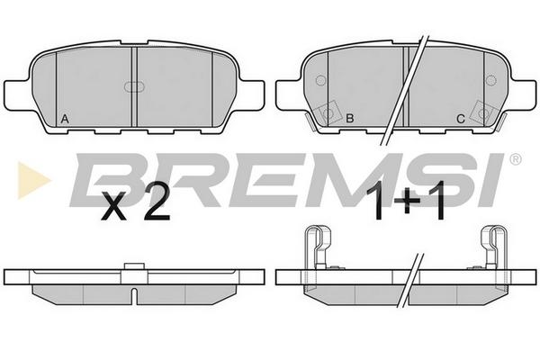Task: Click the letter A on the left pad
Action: (x=65, y=119)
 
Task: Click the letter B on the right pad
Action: (x=350, y=119)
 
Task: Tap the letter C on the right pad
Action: (x=461, y=119)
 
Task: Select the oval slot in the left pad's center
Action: (x=134, y=86)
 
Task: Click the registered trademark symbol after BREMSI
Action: (x=515, y=159)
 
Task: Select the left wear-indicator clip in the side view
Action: (x=318, y=247)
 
